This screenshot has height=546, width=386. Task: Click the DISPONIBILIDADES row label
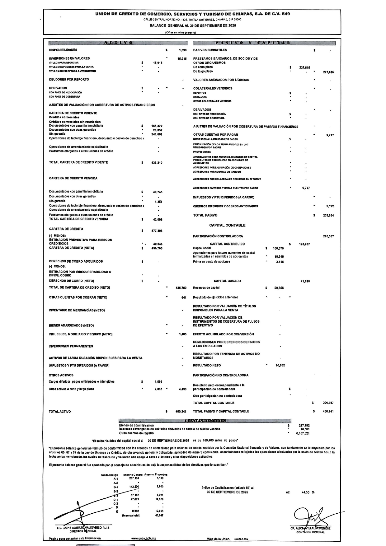click(63, 50)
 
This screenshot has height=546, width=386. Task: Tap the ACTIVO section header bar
click(118, 43)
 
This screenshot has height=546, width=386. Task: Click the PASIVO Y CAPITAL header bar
click(264, 43)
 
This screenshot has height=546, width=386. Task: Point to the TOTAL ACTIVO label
click(60, 412)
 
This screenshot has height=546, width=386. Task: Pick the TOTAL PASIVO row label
click(205, 215)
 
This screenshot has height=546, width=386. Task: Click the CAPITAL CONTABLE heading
click(227, 225)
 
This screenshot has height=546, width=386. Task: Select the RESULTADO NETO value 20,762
click(280, 366)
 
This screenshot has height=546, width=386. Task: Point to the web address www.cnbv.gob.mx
click(144, 539)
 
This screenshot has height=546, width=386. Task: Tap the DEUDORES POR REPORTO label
click(69, 79)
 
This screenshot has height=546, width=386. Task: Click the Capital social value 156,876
click(279, 248)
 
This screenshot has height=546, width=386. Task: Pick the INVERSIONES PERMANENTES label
click(71, 346)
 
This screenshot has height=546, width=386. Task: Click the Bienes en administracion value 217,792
click(304, 425)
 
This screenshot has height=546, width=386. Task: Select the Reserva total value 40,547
click(159, 516)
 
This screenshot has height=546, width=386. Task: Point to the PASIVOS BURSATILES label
click(210, 50)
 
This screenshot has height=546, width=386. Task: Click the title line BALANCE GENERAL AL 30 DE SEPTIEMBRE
click(193, 26)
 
